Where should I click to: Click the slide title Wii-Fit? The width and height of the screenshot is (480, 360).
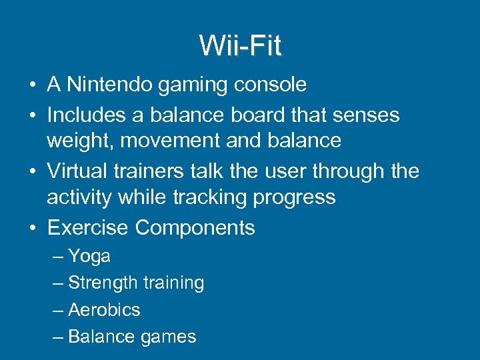coord(240,46)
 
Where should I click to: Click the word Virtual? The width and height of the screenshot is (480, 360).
coord(73,171)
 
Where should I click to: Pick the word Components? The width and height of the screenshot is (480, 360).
coord(195,228)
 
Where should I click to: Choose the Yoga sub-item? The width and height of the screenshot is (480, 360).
coord(89,257)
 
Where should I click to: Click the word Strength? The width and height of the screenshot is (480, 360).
coord(101,283)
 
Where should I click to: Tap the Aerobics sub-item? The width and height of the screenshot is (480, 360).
coord(104,310)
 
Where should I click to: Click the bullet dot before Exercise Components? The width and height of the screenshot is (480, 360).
coord(32,228)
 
